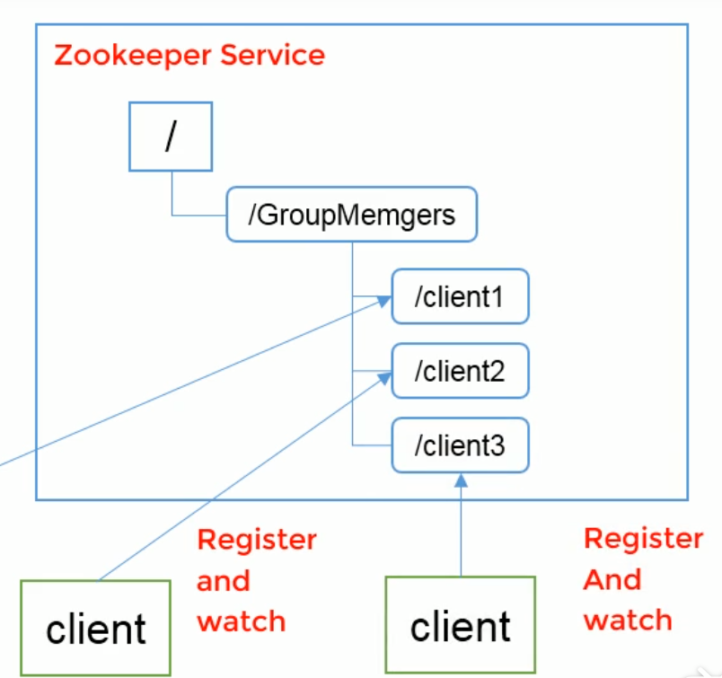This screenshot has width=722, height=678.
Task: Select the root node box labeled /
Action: click(x=171, y=137)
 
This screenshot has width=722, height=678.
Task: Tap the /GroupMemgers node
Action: click(x=351, y=216)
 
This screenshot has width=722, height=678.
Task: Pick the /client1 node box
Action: click(x=460, y=297)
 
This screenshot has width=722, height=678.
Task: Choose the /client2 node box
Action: click(x=460, y=371)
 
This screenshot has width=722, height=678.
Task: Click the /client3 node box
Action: click(x=460, y=445)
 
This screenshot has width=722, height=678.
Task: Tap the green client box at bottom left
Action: click(x=96, y=628)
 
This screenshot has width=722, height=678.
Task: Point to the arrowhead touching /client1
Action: click(x=385, y=303)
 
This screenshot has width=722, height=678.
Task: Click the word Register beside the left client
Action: click(x=257, y=541)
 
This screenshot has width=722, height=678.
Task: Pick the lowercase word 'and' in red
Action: click(x=223, y=581)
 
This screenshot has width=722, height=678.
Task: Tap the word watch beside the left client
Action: click(x=241, y=621)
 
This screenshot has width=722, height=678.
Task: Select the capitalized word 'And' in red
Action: click(x=612, y=580)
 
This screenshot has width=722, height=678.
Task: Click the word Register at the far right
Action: click(x=643, y=539)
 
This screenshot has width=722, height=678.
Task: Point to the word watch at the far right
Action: click(x=627, y=621)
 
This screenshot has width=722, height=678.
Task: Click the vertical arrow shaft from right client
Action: click(x=461, y=530)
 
